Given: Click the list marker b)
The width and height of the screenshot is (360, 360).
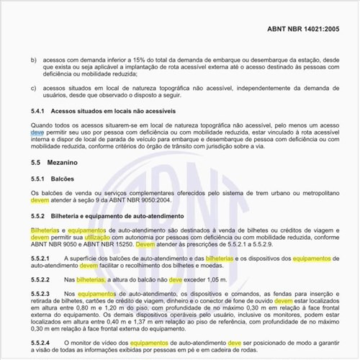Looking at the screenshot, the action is tap(33, 61).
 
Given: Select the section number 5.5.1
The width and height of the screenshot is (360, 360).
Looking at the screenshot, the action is tap(40, 179).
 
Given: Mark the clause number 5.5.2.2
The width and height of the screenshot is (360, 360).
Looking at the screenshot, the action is tap(42, 278).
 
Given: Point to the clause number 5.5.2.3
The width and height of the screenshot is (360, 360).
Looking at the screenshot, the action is tap(42, 294).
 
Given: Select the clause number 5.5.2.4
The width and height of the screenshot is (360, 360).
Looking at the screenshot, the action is tap(42, 342).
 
